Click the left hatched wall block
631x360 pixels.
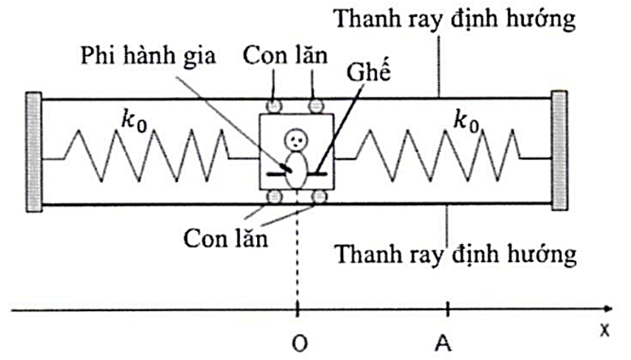click(33, 152)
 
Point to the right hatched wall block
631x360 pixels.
click(560, 152)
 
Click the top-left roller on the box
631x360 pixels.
click(275, 105)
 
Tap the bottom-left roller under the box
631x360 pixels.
click(275, 197)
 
